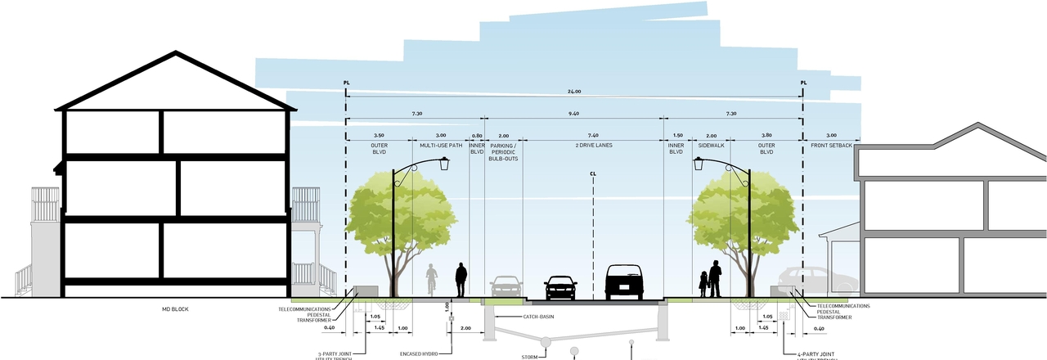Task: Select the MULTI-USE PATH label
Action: coord(441,145)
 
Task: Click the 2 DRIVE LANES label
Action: coord(591,145)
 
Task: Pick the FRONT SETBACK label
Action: coord(831,145)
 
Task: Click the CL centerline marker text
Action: coord(591,173)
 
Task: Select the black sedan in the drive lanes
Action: coord(560,287)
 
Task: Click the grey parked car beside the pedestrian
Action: coord(506,286)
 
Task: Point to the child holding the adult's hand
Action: coord(703,285)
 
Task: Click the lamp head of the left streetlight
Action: coord(444,164)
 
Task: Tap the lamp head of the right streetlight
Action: coord(699,164)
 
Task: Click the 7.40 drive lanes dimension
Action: coord(591,135)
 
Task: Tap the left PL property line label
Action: coord(347,83)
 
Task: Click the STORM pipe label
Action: coord(529,357)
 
